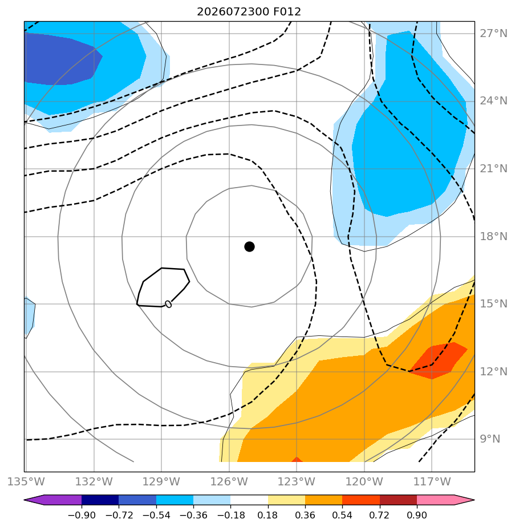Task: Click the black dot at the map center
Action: (x=249, y=247)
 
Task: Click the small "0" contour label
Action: (x=168, y=304)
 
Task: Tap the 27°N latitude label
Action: (x=493, y=34)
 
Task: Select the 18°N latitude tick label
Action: (x=493, y=236)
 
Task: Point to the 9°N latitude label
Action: (x=490, y=439)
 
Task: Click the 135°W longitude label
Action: (x=26, y=481)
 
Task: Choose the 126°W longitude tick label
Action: (x=229, y=481)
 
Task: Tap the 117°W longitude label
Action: (x=432, y=481)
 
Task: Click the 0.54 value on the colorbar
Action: (x=342, y=515)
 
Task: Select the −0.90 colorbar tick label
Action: (x=82, y=515)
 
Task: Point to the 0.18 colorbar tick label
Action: (x=267, y=515)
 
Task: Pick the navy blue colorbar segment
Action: (x=100, y=500)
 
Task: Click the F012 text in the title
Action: (x=287, y=12)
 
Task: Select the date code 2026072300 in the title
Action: (x=233, y=12)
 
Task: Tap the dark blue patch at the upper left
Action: (x=60, y=59)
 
